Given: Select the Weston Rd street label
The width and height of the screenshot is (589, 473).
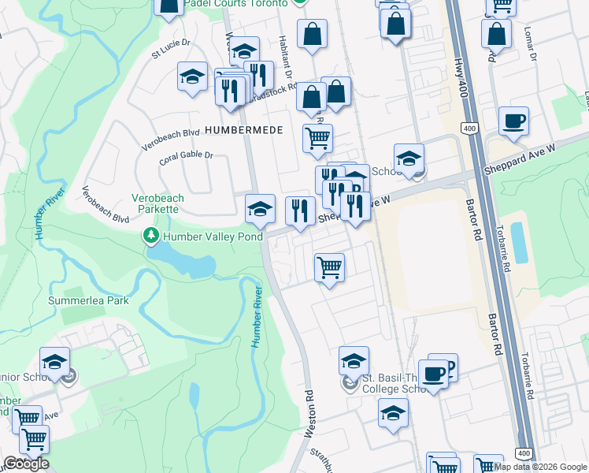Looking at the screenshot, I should (309, 413).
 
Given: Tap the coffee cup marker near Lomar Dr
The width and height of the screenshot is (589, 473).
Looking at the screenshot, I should (513, 121).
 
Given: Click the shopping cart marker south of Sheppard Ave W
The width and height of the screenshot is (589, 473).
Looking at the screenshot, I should (329, 268).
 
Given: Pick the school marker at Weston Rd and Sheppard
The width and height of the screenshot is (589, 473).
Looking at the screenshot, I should (261, 210).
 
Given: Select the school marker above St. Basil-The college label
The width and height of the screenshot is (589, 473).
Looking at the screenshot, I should (354, 362).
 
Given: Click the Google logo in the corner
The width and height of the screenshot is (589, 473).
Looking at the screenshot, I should (26, 464).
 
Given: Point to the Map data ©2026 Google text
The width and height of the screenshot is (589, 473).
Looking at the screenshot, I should (541, 467).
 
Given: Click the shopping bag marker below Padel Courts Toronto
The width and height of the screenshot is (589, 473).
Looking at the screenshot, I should (313, 35).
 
